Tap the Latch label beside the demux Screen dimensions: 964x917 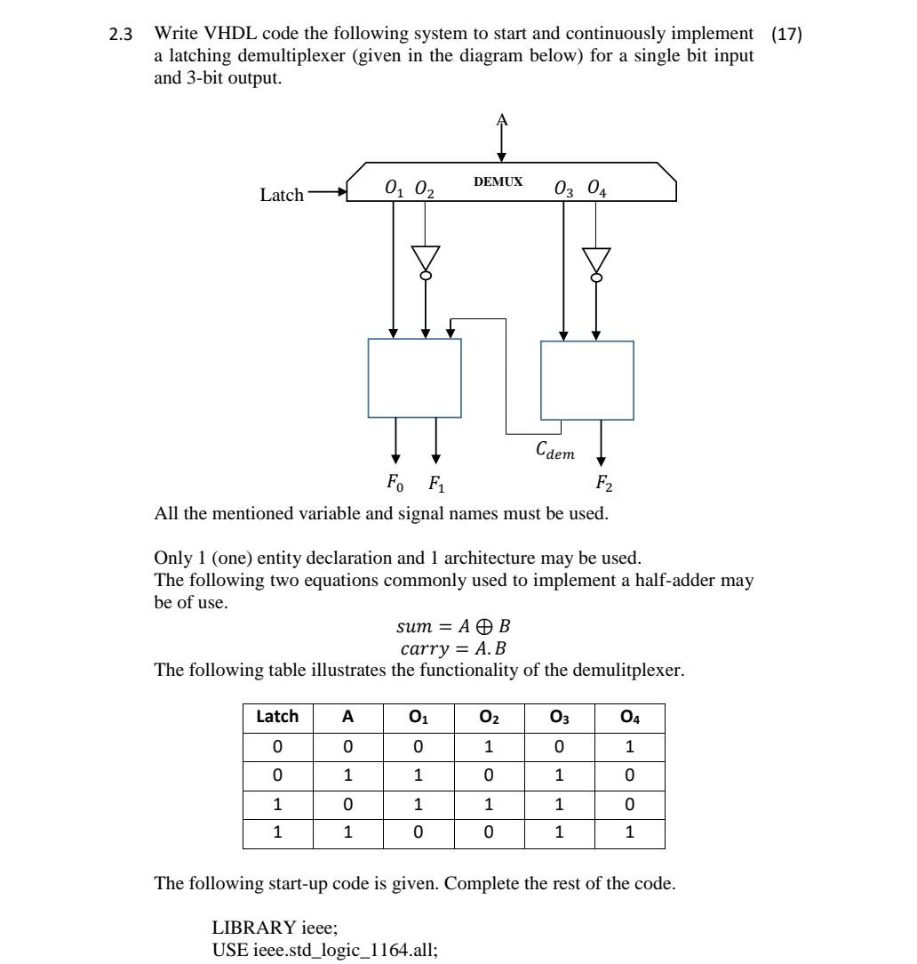[282, 194]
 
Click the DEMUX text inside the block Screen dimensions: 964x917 [498, 181]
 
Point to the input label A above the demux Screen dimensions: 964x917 [502, 119]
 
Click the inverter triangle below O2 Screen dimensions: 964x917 [426, 258]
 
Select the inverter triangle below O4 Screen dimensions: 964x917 [596, 260]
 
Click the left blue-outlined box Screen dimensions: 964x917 [414, 378]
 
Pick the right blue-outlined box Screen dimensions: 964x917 [587, 380]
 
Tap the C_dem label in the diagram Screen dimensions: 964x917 [554, 453]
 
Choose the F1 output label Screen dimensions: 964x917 [436, 485]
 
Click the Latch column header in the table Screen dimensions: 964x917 [278, 716]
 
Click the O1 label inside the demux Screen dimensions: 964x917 [394, 189]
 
